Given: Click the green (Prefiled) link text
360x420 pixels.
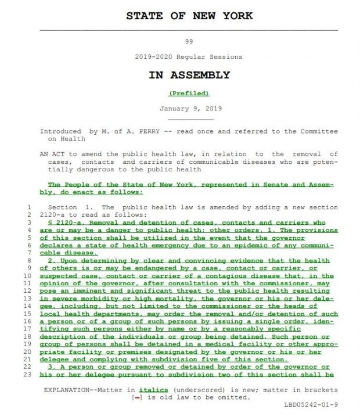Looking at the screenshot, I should pyautogui.click(x=189, y=93).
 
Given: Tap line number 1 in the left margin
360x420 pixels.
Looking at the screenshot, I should pyautogui.click(x=29, y=207).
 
